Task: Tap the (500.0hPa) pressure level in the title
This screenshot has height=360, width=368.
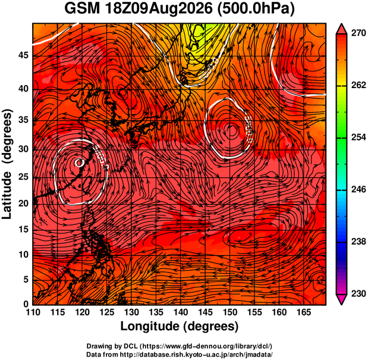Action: [x=256, y=10]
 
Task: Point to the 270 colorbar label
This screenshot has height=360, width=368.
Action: [x=358, y=33]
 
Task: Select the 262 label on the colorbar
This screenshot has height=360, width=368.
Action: [x=358, y=85]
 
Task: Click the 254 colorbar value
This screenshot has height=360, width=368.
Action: [x=358, y=137]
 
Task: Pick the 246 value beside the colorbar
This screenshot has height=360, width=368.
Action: [x=358, y=189]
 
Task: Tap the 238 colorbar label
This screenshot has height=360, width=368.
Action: [x=358, y=242]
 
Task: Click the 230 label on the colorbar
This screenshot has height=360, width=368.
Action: [x=358, y=293]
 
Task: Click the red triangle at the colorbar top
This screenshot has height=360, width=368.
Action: [x=341, y=30]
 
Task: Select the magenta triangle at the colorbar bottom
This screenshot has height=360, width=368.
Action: [x=341, y=299]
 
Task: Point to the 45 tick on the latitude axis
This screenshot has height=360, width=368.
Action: [x=23, y=56]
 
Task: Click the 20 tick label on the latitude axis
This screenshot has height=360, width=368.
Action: [x=23, y=204]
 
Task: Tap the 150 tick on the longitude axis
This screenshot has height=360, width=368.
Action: [x=229, y=312]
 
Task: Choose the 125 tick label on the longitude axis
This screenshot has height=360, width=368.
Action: [x=106, y=312]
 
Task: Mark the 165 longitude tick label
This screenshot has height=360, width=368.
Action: [x=304, y=312]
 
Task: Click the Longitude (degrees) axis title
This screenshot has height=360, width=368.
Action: [x=180, y=327]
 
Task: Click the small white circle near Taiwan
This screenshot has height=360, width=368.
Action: [x=79, y=162]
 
